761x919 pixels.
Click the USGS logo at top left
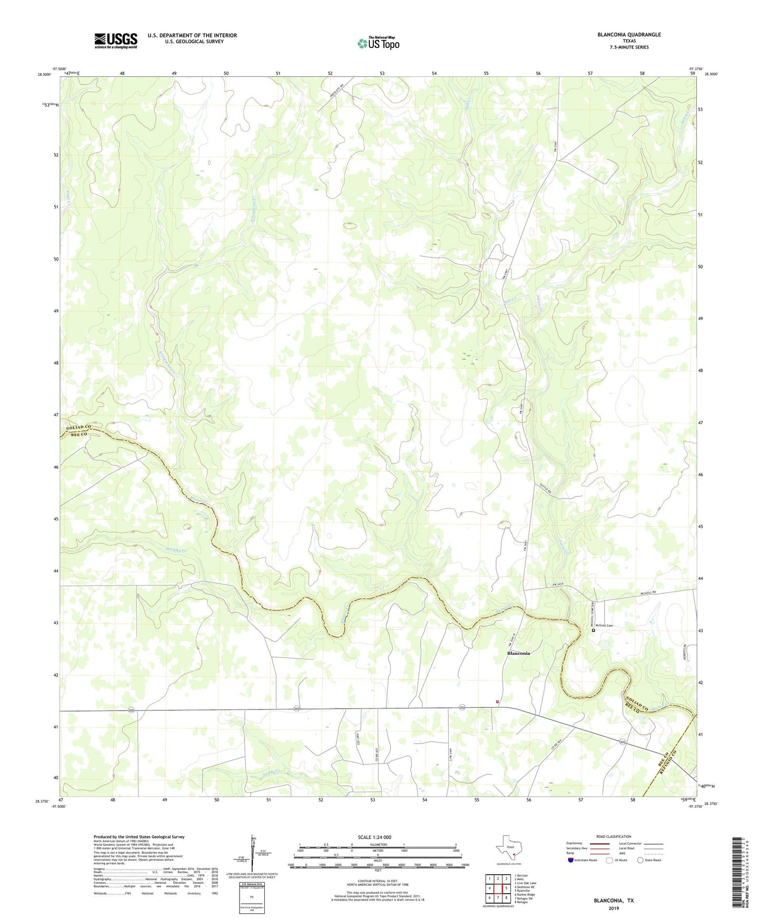click(116, 41)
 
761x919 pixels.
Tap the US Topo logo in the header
click(378, 43)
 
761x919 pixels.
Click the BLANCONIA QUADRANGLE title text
click(629, 35)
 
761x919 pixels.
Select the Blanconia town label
click(518, 653)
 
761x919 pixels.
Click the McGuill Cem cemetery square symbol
click(593, 630)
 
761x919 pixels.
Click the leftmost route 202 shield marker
click(131, 711)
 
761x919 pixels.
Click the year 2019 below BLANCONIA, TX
click(614, 908)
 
